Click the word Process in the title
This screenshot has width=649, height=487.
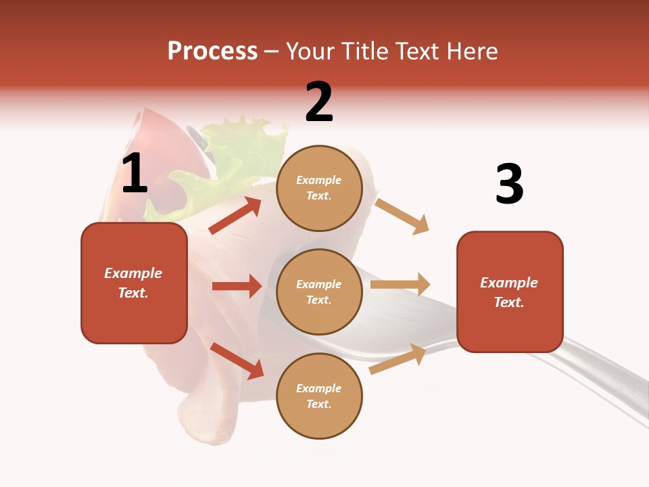pos(212,51)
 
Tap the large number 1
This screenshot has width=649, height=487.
pos(135,174)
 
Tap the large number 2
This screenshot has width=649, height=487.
pos(319,102)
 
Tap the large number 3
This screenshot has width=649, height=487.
pos(509,185)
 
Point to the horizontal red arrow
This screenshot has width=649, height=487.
pos(237,286)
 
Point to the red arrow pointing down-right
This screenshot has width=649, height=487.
pos(237,361)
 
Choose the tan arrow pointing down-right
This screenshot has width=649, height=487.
pos(402,216)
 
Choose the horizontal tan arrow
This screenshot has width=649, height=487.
pos(400,285)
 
